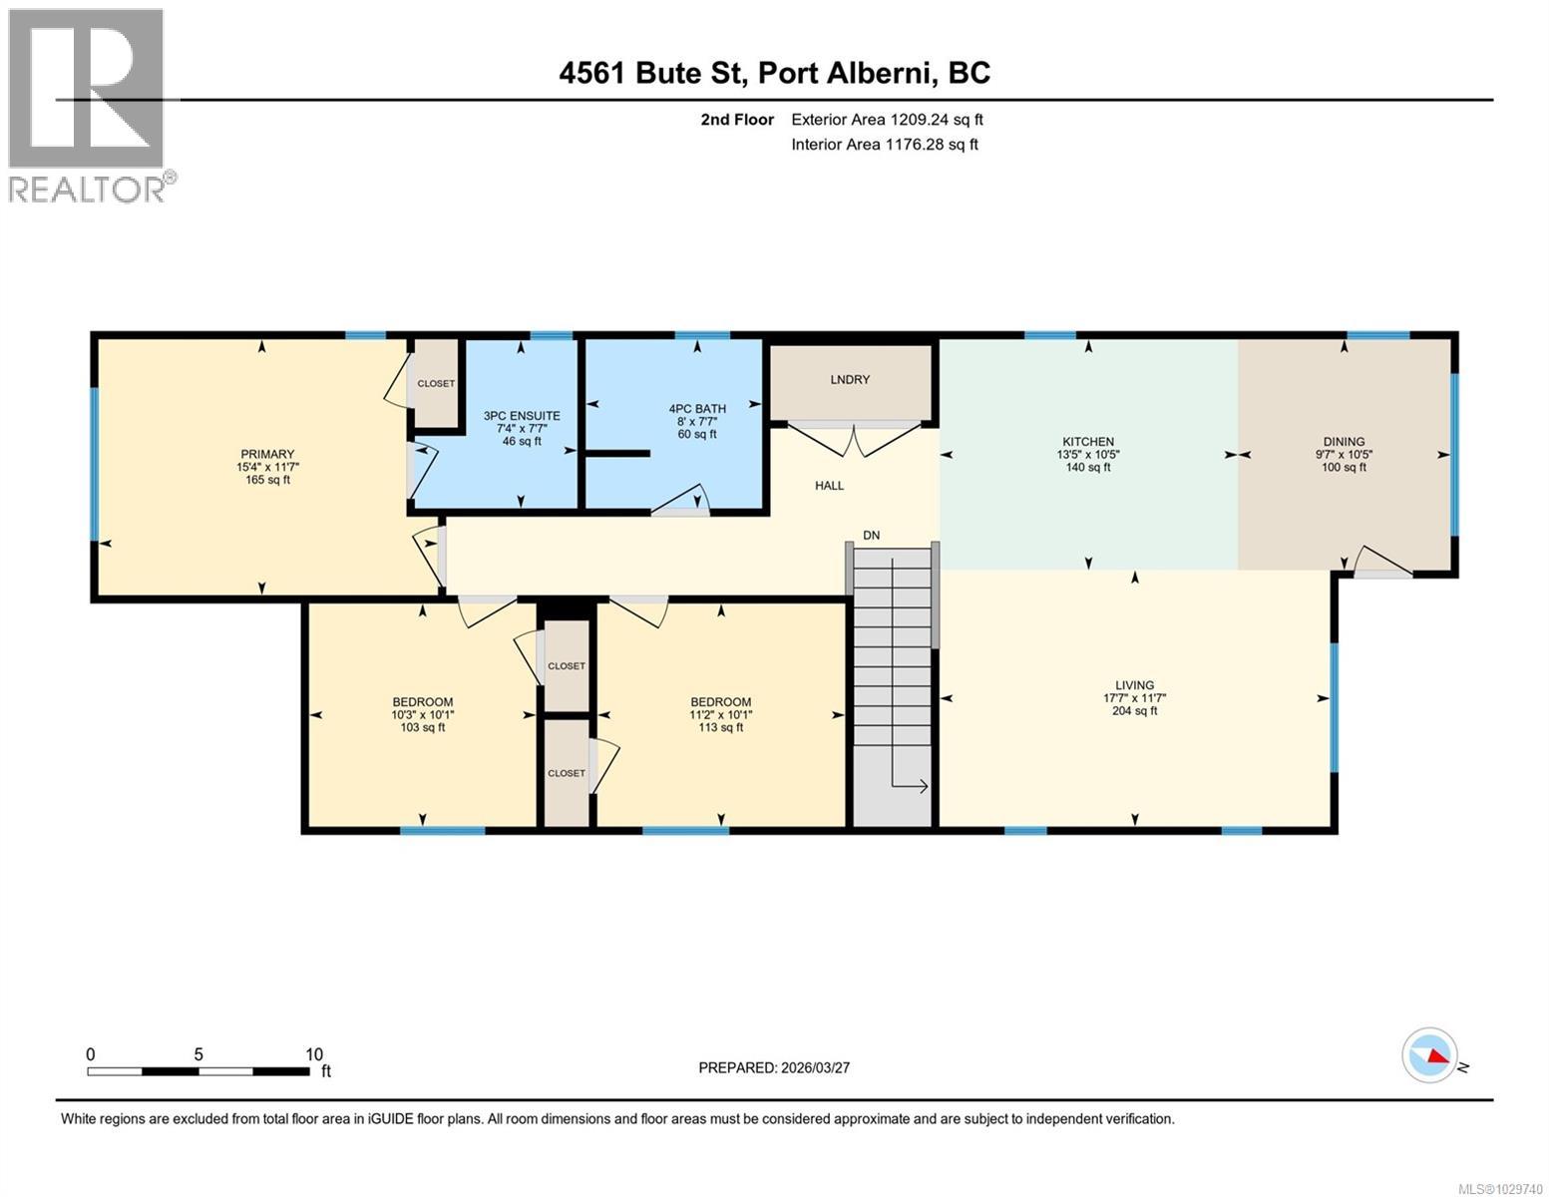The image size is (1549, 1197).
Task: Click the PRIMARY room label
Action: [x=266, y=455]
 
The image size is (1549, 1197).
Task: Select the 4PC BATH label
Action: [x=697, y=408]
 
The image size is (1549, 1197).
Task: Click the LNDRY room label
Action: [x=850, y=380]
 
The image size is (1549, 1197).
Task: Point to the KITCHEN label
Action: [x=1087, y=442]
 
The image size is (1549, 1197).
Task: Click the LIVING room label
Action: [x=1134, y=685]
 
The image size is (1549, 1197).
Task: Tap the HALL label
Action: [x=829, y=486]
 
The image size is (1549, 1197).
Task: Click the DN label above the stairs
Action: [x=871, y=536]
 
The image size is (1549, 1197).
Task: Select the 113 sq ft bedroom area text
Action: [x=720, y=728]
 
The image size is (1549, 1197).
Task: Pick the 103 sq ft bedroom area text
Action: [x=422, y=728]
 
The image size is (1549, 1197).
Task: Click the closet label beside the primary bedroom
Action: [x=436, y=384]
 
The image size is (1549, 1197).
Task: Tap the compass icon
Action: [x=1429, y=1054]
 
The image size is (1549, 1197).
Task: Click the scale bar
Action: [x=198, y=1071]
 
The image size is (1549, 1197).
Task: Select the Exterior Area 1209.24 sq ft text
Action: [x=887, y=120]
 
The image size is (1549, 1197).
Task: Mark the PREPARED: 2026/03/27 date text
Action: [x=774, y=1067]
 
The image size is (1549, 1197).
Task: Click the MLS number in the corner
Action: [x=1502, y=1187]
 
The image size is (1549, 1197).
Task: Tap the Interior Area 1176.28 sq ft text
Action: [x=885, y=145]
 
